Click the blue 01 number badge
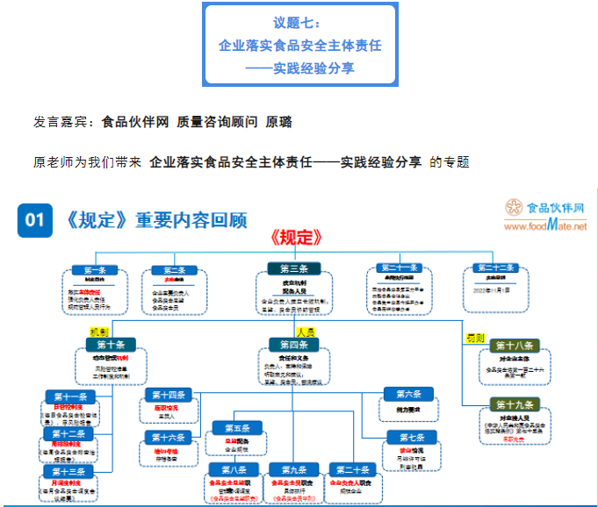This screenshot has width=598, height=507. [34, 219]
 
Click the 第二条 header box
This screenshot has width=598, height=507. [173, 270]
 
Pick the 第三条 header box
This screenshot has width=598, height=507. [294, 268]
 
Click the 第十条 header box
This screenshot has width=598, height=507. [111, 345]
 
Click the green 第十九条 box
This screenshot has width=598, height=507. [515, 404]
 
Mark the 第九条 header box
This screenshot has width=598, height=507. [292, 469]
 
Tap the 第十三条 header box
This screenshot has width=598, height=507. [69, 471]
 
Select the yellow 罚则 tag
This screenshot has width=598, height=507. [474, 336]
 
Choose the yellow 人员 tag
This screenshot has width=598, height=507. [306, 332]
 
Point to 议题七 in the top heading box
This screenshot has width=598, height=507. [299, 21]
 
